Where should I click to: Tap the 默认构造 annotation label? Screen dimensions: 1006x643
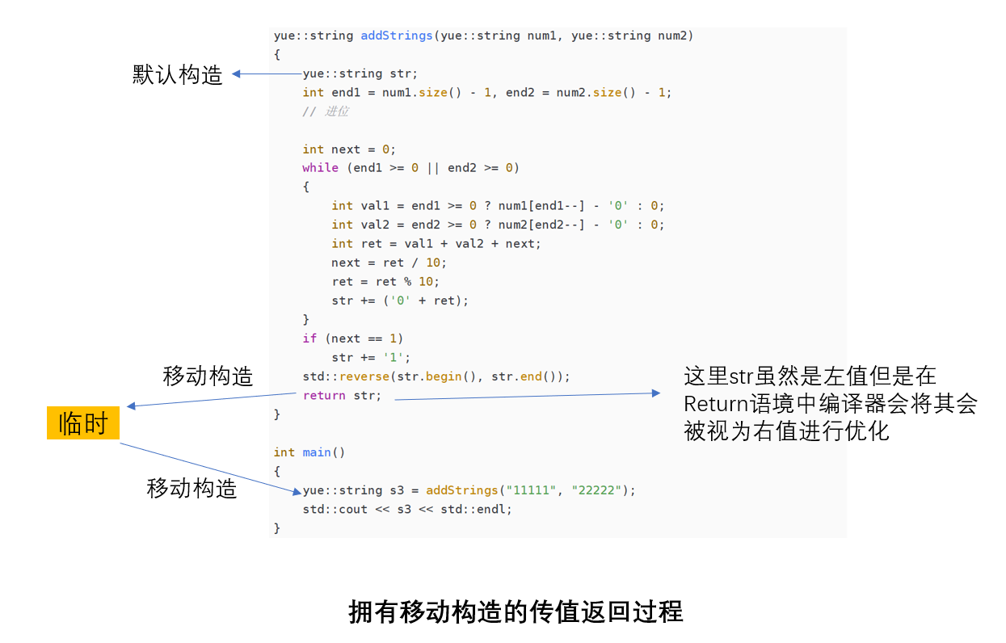pos(177,75)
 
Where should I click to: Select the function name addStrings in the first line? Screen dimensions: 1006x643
pos(396,36)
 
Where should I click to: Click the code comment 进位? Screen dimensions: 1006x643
pos(336,111)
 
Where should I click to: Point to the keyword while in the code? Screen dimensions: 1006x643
pos(320,168)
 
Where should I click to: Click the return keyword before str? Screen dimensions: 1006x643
pos(324,395)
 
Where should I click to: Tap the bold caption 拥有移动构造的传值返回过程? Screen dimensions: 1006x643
pos(516,611)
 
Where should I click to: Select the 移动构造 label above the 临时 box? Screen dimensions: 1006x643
pos(208,376)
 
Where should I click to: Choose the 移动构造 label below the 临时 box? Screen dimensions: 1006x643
pos(192,488)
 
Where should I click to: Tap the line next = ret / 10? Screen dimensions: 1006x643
pos(389,263)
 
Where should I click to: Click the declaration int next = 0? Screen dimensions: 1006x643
pos(349,149)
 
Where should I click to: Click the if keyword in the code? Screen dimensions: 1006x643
pos(309,338)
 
